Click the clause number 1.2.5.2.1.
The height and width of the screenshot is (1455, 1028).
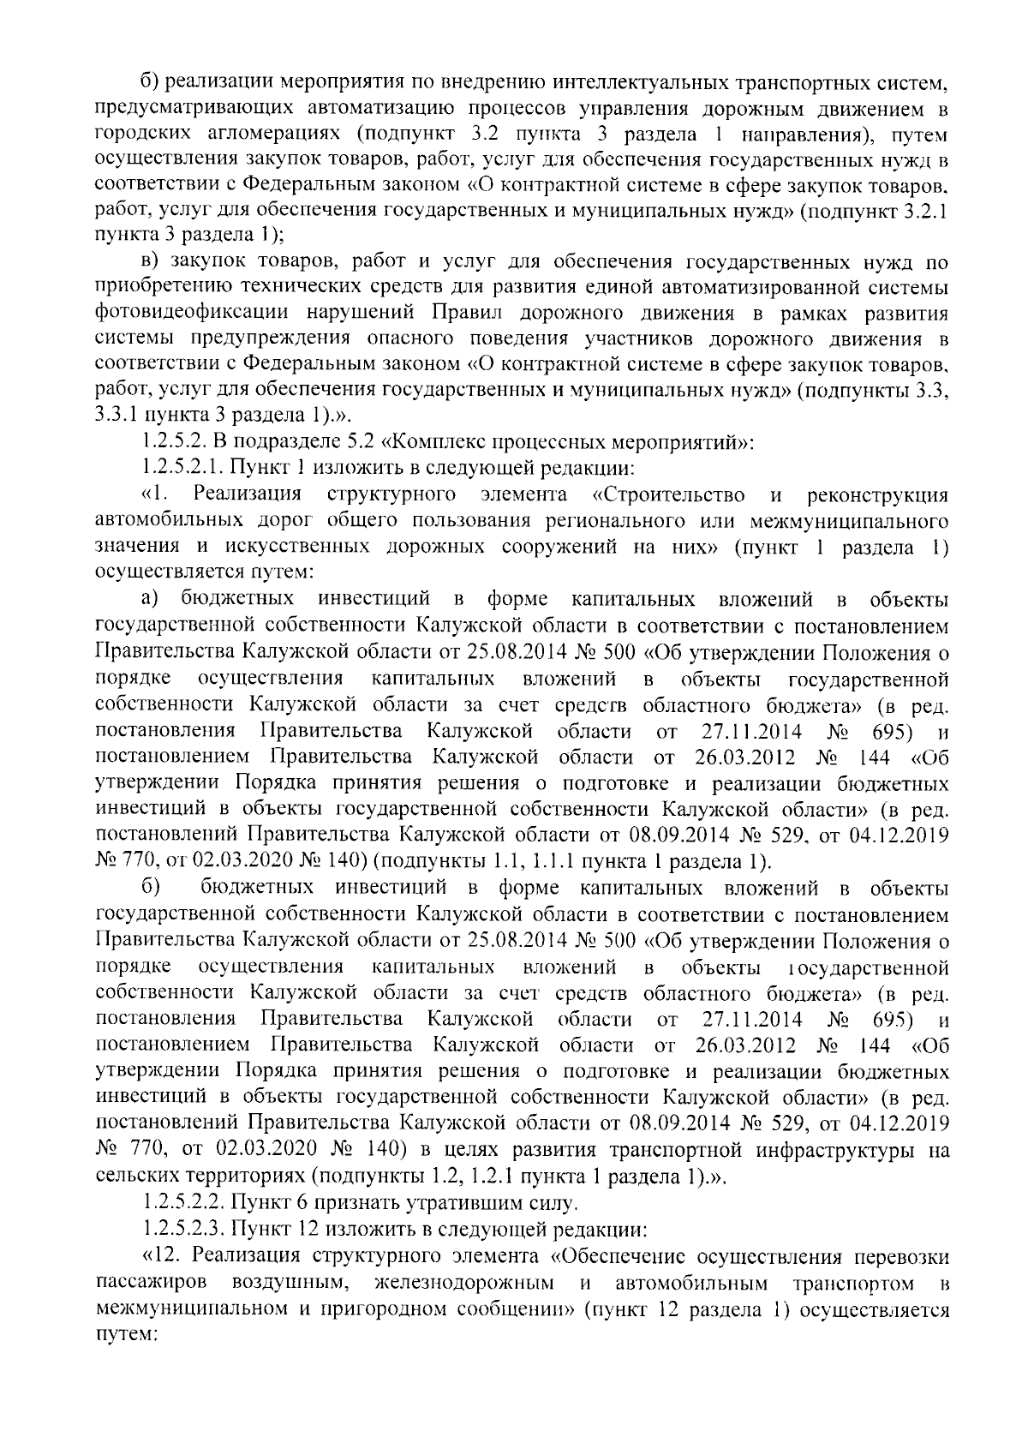[183, 469]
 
